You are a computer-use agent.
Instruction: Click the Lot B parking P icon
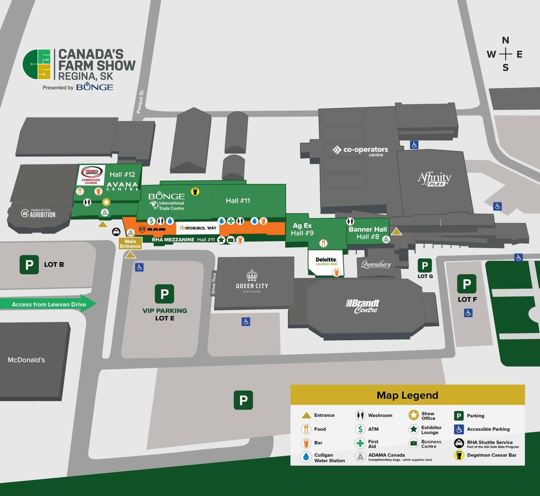coord(29,264)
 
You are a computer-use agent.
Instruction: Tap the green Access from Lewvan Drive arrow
coord(49,304)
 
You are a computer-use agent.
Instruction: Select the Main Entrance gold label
coord(130,244)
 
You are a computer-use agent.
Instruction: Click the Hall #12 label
coord(122,174)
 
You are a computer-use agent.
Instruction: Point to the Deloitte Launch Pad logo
coord(326,261)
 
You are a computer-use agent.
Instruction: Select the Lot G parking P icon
coord(424,265)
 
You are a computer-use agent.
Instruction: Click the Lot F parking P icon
coord(467,284)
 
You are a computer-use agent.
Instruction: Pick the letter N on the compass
coord(505,40)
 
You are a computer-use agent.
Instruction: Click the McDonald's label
coord(26,360)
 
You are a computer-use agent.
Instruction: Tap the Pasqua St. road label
coord(140,102)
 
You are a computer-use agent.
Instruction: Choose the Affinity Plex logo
coord(434,179)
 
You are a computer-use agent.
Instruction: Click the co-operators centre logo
coord(360,150)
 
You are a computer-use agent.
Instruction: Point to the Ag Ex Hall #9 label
coord(302,229)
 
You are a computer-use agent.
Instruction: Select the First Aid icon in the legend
coord(360,443)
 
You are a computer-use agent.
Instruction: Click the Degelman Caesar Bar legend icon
coord(459,455)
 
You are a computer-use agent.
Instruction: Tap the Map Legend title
coord(407,395)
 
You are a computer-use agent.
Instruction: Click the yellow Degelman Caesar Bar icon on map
coord(195,192)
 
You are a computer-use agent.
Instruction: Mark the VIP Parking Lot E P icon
coord(164,294)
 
